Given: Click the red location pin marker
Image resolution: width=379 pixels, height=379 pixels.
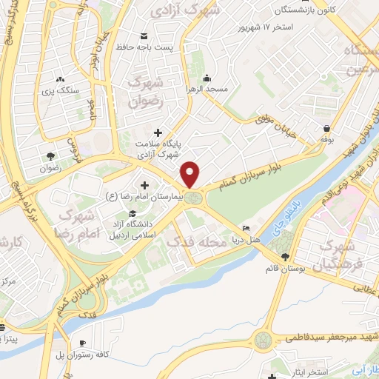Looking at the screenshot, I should pyautogui.click(x=191, y=173).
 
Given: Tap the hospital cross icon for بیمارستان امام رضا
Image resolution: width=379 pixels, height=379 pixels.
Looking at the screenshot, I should pyautogui.click(x=144, y=184).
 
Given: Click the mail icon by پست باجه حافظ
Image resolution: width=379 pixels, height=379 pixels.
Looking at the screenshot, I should pyautogui.click(x=143, y=36).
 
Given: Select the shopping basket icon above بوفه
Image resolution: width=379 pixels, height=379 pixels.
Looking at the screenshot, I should pyautogui.click(x=326, y=127).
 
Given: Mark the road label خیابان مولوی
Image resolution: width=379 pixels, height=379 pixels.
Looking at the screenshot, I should pyautogui.click(x=275, y=126).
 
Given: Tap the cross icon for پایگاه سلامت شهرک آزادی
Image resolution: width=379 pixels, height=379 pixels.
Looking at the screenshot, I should pyautogui.click(x=158, y=132).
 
